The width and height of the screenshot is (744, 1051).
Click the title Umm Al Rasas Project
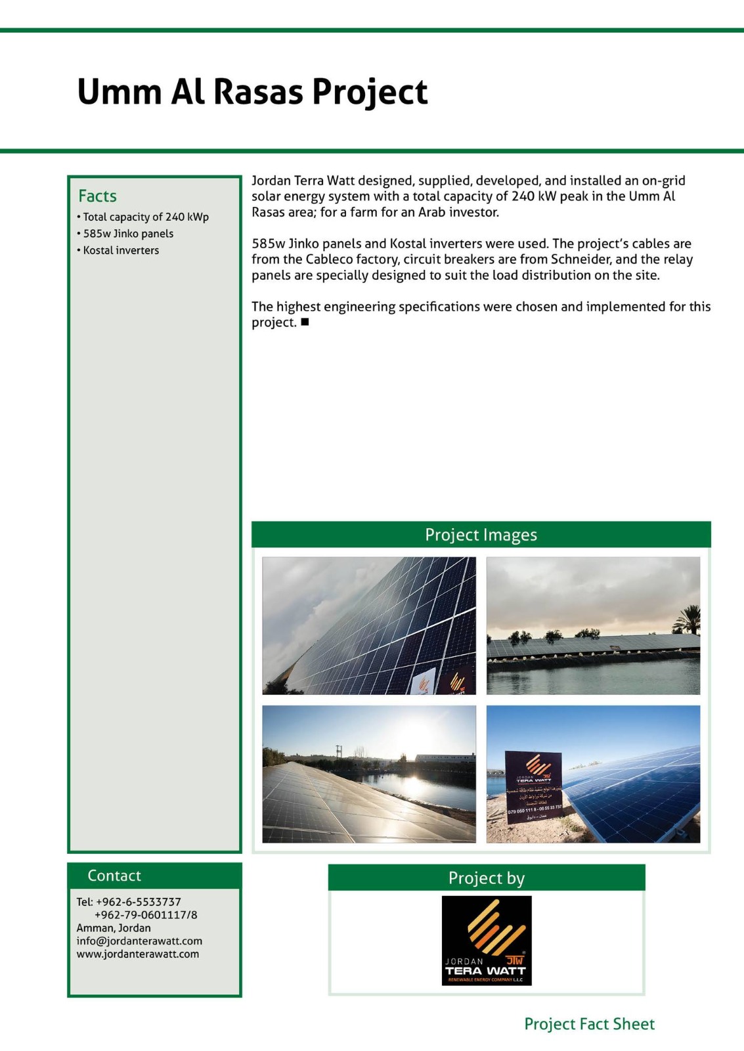pos(252,92)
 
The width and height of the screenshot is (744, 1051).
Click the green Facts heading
pos(97,196)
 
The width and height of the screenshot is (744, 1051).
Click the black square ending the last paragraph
pos(305,322)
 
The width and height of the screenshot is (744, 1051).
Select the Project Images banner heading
pos(481,535)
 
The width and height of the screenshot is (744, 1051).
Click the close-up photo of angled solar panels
pos(368,625)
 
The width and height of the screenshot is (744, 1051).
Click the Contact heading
pos(114,876)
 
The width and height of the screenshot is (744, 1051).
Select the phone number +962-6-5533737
pos(138,902)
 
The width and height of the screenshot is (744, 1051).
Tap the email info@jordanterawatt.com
pos(139,941)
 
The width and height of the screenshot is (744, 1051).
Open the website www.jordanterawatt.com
pos(137,954)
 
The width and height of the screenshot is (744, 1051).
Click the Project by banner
pos(486,878)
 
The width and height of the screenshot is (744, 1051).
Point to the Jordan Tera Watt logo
pos(487,940)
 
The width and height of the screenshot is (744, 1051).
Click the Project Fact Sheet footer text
pos(589,1024)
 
